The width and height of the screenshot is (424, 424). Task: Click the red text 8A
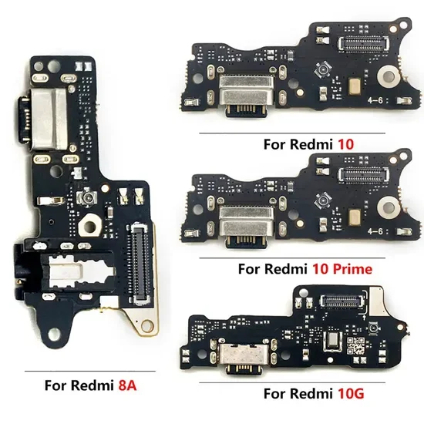pyautogui.click(x=127, y=385)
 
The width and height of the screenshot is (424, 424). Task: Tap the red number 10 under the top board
pyautogui.click(x=346, y=144)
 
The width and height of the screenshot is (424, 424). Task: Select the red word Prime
pyautogui.click(x=352, y=269)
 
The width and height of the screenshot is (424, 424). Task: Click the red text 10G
pyautogui.click(x=351, y=393)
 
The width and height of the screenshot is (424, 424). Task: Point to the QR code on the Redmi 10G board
pyautogui.click(x=355, y=346)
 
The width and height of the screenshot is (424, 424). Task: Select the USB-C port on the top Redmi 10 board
pyautogui.click(x=246, y=96)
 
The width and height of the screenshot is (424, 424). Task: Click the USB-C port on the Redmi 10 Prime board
pyautogui.click(x=246, y=227)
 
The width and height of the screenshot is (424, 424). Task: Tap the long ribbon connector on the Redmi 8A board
pyautogui.click(x=140, y=263)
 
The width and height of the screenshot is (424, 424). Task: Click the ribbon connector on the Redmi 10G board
pyautogui.click(x=342, y=301)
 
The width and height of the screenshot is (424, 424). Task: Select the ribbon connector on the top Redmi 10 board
pyautogui.click(x=363, y=44)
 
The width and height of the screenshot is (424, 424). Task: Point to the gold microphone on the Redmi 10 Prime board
pyautogui.click(x=355, y=217)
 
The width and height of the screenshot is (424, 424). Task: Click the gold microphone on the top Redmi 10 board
pyautogui.click(x=355, y=86)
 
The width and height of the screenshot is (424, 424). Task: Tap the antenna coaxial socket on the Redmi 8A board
pyautogui.click(x=88, y=197)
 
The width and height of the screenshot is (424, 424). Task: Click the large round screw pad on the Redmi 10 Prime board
pyautogui.click(x=389, y=207)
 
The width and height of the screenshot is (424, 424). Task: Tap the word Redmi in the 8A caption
pyautogui.click(x=93, y=385)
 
